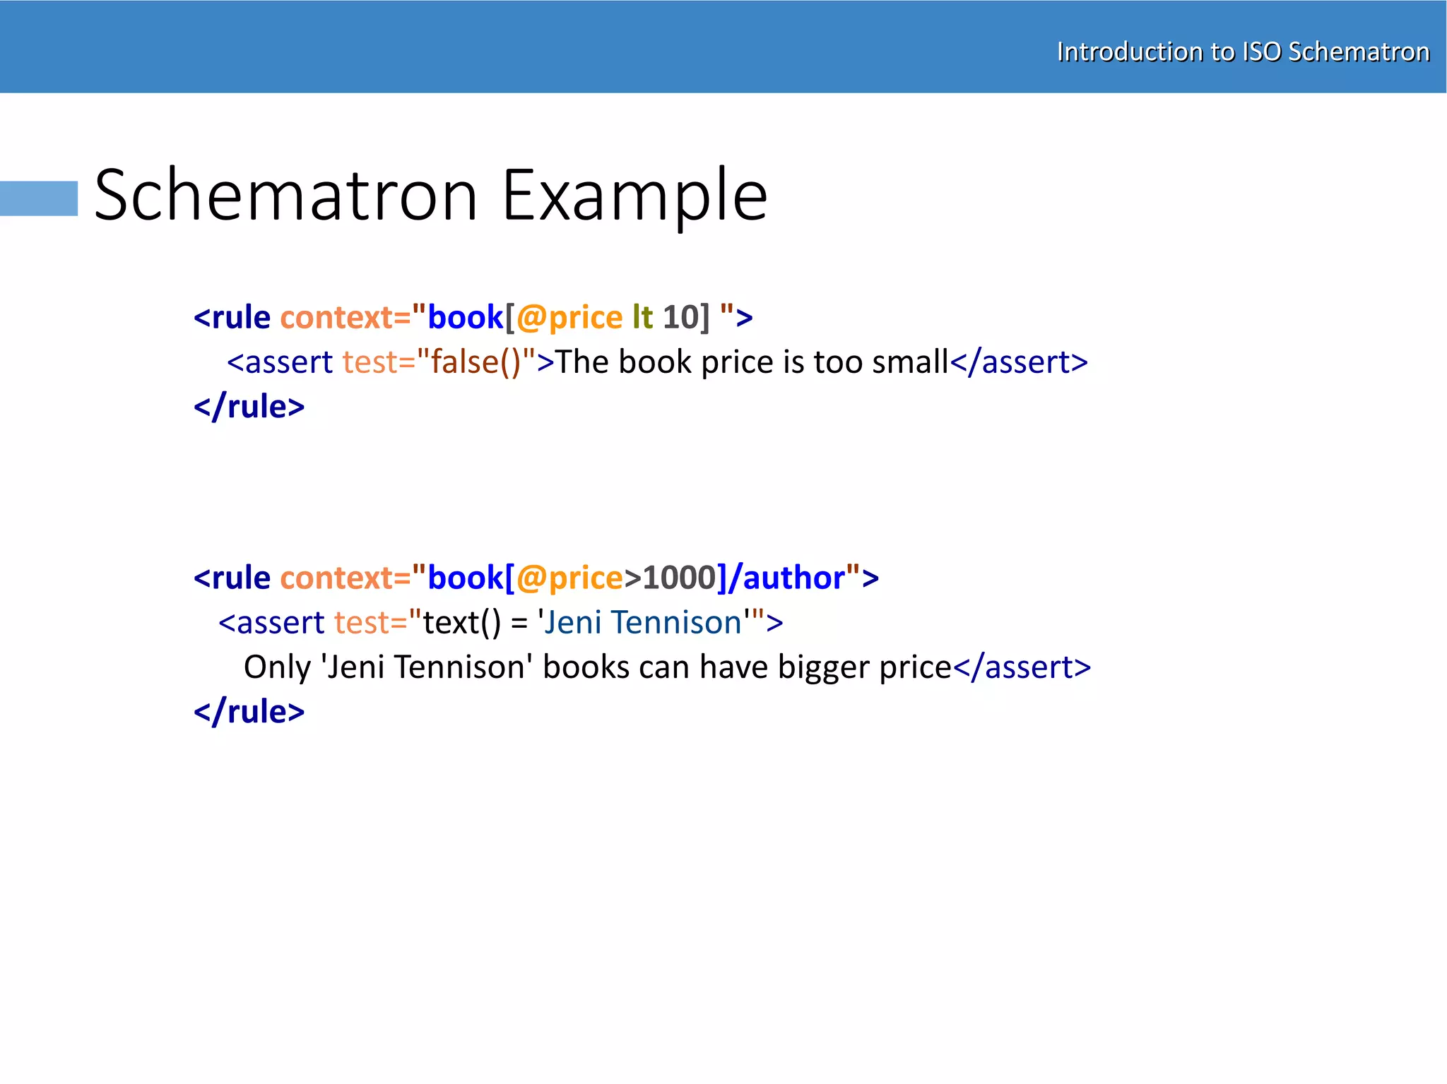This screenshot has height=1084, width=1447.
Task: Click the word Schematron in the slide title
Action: (x=286, y=195)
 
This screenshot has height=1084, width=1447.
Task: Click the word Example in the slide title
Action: (x=634, y=195)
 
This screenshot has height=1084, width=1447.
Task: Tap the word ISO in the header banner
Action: (x=1261, y=52)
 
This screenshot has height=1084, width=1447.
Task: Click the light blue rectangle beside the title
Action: (x=39, y=198)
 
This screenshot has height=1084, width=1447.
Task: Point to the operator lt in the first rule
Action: (x=642, y=318)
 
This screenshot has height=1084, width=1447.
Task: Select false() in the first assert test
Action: (x=476, y=362)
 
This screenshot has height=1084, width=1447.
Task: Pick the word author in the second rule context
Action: (x=794, y=578)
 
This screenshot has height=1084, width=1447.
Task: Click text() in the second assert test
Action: (x=462, y=623)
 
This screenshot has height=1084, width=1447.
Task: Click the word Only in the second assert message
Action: (x=277, y=667)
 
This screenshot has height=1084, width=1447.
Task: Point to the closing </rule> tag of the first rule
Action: (x=249, y=407)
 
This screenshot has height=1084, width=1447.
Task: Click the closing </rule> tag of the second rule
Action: (x=249, y=712)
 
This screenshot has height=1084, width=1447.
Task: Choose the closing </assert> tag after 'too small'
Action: (x=1018, y=362)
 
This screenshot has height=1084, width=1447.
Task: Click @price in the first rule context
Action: (x=569, y=318)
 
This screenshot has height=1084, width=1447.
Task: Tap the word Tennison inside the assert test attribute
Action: (x=676, y=623)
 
